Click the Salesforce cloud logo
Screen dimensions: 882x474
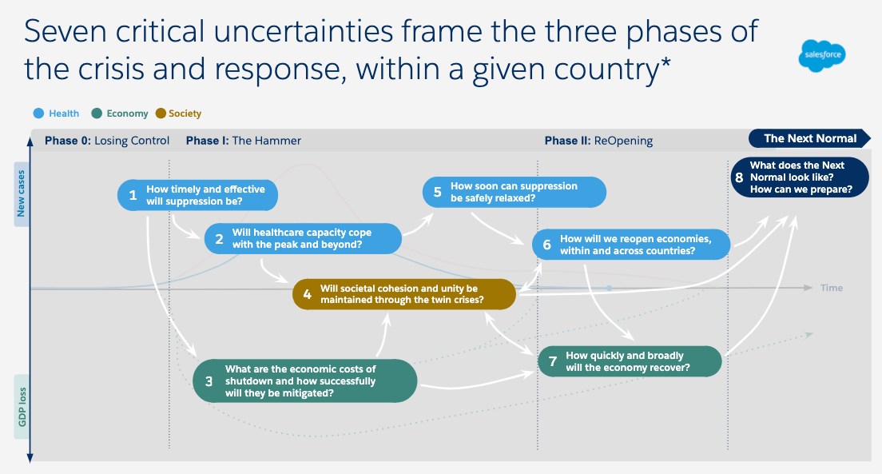pos(822,55)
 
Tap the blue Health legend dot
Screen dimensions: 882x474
pos(38,114)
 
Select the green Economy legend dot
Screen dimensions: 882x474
pos(97,114)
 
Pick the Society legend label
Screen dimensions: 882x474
pos(185,114)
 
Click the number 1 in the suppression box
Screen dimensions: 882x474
pos(133,195)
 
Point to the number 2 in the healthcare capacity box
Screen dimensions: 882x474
pos(220,239)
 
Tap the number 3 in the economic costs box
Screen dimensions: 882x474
pos(209,381)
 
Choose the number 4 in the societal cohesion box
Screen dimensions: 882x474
pos(307,294)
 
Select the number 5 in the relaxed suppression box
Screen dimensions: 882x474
pos(437,192)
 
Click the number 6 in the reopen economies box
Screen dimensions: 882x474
pos(546,245)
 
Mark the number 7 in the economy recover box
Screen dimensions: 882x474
pos(553,361)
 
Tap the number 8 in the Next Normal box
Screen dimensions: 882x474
pos(739,177)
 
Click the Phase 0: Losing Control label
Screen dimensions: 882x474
pos(107,141)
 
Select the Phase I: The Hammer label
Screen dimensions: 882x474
pos(244,141)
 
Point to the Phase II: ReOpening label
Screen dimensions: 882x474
pos(598,141)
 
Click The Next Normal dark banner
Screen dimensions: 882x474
pos(809,138)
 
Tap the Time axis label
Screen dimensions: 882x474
pos(832,288)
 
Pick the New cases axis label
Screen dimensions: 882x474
pos(22,193)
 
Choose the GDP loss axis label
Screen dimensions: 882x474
pos(22,406)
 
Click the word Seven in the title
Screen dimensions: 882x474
pos(65,31)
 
